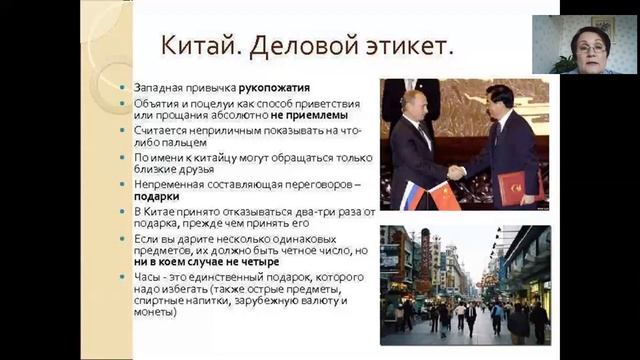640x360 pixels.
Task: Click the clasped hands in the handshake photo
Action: (x=455, y=171)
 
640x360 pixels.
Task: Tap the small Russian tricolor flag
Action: (x=411, y=194)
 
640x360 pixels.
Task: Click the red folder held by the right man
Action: (x=513, y=186)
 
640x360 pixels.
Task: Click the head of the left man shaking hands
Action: (x=412, y=103)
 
